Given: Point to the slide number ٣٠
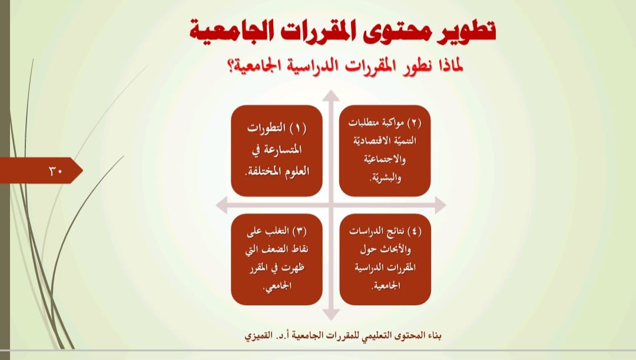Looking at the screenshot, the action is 55,171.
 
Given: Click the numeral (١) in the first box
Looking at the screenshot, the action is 298,128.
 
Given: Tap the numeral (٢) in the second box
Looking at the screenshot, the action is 414,122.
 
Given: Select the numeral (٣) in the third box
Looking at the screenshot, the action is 300,231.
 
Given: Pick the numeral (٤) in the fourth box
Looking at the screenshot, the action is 414,231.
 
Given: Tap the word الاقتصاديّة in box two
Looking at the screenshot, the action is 369,141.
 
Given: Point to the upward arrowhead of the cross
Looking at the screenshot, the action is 332,96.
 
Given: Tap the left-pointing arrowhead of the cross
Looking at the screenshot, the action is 221,205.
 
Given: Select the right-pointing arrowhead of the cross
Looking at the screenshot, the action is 440,205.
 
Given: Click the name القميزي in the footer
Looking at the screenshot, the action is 258,336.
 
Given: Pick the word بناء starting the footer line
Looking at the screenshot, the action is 433,336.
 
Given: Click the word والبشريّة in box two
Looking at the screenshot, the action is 385,178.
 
